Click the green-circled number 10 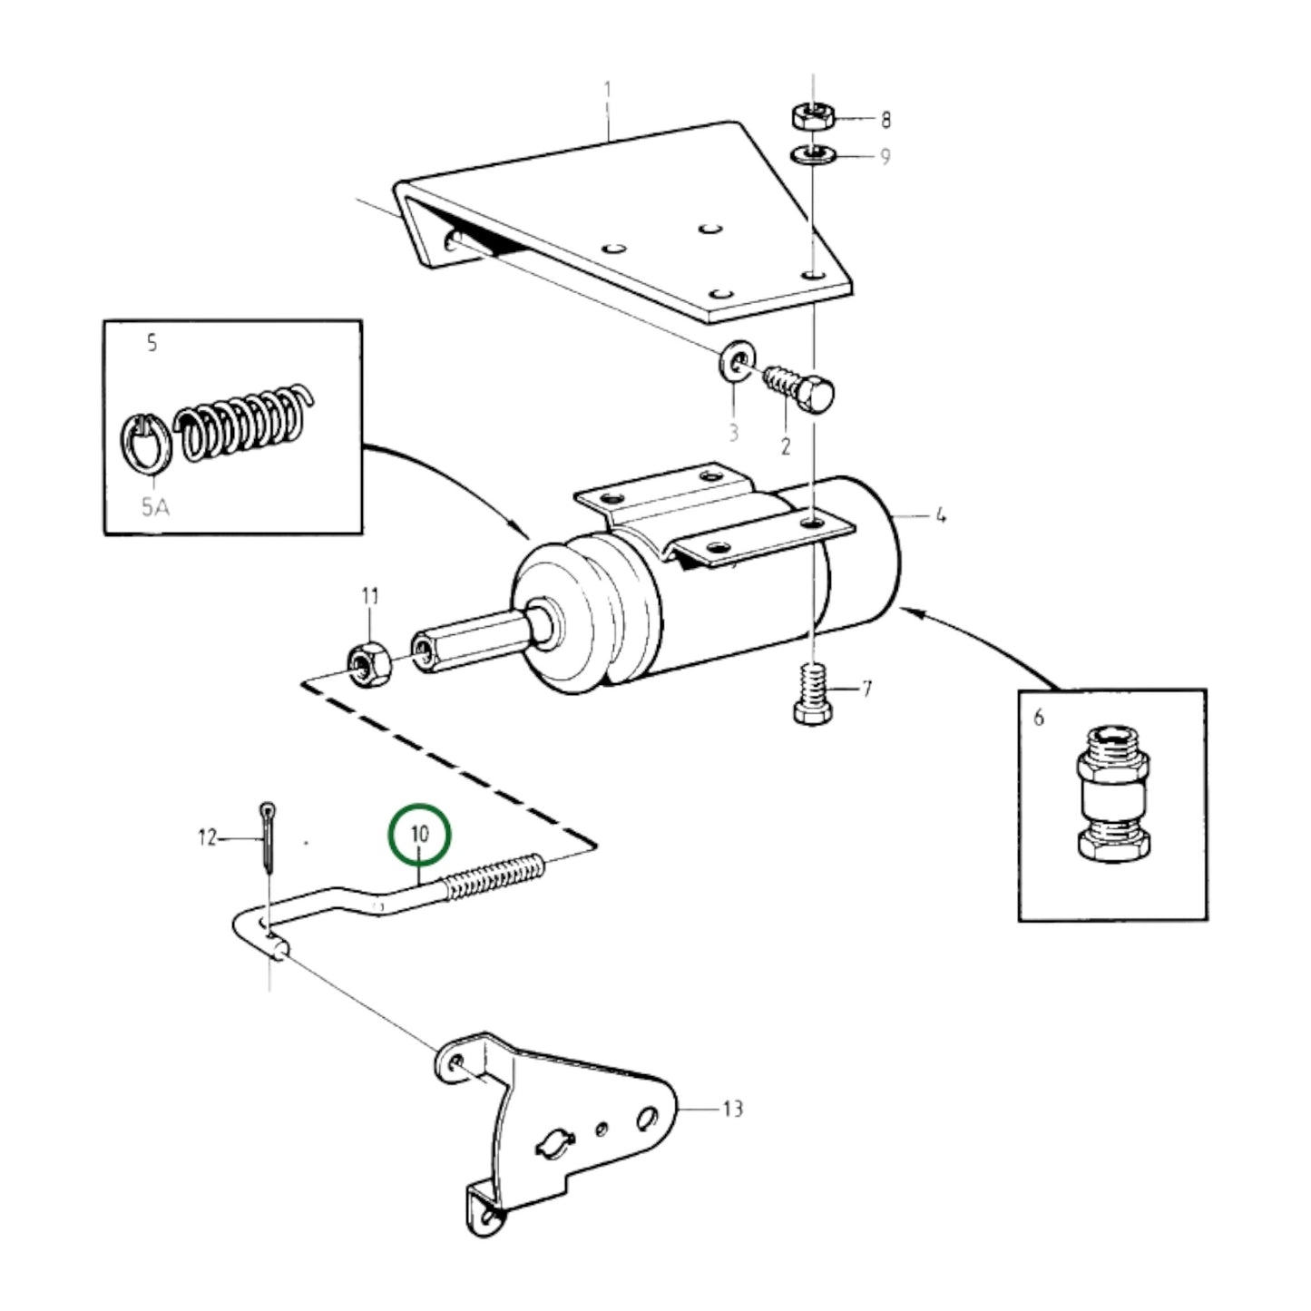pos(419,833)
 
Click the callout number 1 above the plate pos(608,91)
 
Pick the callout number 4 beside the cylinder pos(941,515)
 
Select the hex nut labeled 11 pos(369,665)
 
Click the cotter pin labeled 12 pos(269,835)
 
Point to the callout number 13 pos(732,1108)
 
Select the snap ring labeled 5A pos(145,442)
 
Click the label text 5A pos(155,507)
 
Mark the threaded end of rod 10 pos(495,878)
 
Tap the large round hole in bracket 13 pos(648,1118)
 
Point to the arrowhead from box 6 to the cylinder pos(913,613)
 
